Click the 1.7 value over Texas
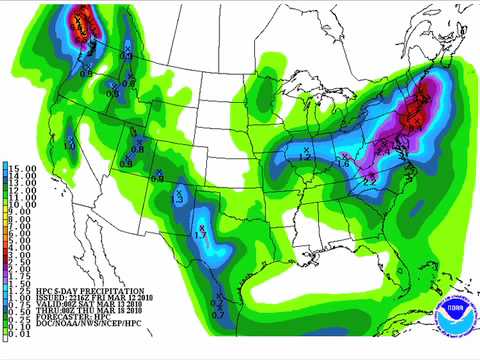click(x=199, y=234)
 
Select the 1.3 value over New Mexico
click(x=177, y=200)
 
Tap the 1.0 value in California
click(x=69, y=146)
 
